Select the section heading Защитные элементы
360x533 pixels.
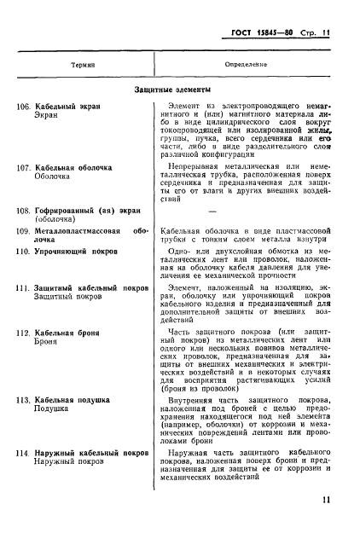[x=177, y=89]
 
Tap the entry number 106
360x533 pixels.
[x=24, y=107]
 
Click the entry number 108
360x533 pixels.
[x=24, y=209]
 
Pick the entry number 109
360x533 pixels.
[x=24, y=230]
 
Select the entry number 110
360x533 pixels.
[x=24, y=252]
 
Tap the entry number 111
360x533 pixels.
[x=24, y=290]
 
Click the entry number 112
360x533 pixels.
[x=24, y=331]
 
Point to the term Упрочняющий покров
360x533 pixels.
[x=78, y=252]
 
